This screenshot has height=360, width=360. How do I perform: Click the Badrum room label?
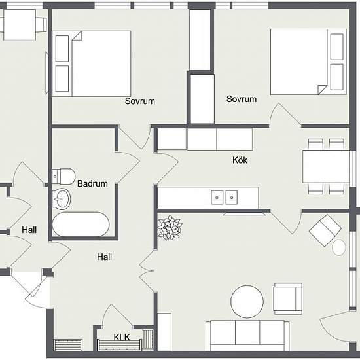92,184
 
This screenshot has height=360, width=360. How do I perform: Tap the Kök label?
240,160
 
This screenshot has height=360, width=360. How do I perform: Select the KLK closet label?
122,338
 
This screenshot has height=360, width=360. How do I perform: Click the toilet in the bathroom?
63,176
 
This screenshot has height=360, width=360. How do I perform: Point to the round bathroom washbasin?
62,199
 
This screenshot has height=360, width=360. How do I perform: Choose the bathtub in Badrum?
81,225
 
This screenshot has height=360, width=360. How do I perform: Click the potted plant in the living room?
170,228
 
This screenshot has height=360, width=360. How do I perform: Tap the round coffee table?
247,302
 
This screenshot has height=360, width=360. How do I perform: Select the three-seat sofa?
247,335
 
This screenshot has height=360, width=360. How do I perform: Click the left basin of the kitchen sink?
217,198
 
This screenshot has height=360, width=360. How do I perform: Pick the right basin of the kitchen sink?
232,198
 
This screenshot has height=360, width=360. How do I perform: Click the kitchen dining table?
326,166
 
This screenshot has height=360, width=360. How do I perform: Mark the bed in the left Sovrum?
92,63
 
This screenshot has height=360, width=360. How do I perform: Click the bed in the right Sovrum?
308,62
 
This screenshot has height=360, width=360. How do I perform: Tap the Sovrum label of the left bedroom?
140,101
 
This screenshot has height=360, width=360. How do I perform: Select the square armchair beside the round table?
288,298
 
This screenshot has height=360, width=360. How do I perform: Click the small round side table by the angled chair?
339,247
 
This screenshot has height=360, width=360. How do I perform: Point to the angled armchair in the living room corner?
325,230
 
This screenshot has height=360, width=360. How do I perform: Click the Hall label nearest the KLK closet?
105,257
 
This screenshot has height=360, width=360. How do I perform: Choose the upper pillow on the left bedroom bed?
62,48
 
